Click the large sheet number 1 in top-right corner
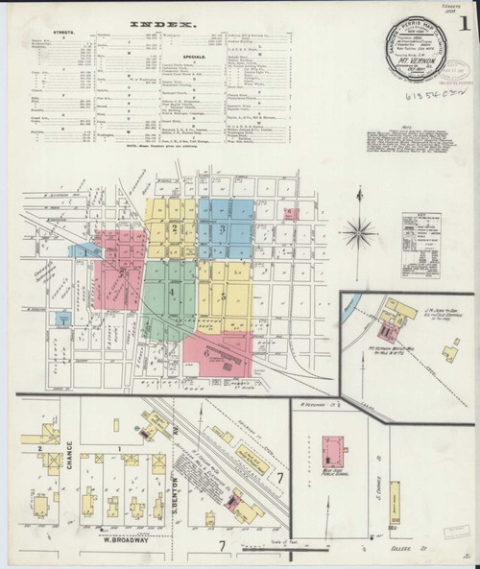pos(465,21)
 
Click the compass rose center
pos(362,231)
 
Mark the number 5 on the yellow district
pos(223,297)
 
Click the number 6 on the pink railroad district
pos(207,352)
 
